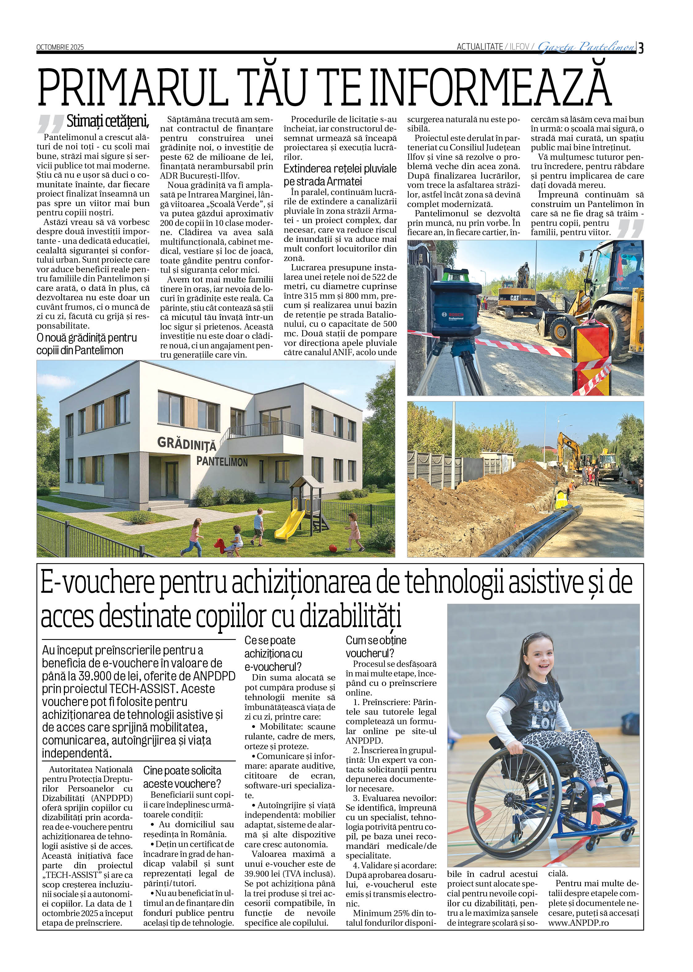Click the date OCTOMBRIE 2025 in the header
pos(60,47)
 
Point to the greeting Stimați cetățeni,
pos(107,122)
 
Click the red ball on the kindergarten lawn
pos(333,548)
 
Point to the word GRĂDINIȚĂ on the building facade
pos(186,443)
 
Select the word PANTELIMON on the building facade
pos(222,462)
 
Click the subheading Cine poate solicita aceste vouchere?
pos(182,777)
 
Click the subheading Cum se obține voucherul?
pos(376,646)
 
